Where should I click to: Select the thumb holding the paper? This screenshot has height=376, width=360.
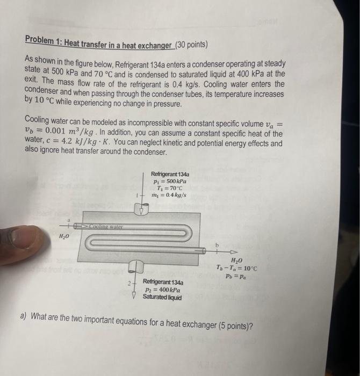click(21, 237)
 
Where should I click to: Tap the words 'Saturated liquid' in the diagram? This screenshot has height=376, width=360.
click(162, 297)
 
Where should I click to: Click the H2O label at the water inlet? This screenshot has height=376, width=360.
click(64, 237)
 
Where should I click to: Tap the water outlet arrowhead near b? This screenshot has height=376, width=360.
click(233, 250)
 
